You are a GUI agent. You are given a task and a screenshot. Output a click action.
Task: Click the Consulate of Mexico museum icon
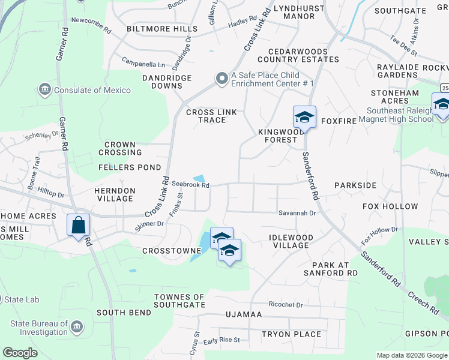tap(45, 90)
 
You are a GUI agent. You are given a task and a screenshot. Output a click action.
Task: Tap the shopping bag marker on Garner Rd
tap(79, 226)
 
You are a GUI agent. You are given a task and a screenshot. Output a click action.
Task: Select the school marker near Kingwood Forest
tap(304, 117)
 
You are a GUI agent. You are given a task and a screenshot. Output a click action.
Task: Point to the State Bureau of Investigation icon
tap(77, 327)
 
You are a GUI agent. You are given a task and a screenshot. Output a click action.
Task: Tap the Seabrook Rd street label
tap(190, 185)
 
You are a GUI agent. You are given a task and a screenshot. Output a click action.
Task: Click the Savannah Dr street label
tap(297, 213)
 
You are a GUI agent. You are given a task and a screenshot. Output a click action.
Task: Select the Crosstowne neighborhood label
tap(166, 251)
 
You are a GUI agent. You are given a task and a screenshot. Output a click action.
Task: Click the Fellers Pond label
tap(130, 167)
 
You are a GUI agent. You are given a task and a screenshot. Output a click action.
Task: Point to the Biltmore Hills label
tap(162, 29)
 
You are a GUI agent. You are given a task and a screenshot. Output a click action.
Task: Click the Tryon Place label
tap(291, 334)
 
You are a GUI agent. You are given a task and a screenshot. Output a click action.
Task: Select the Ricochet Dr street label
tap(286, 305)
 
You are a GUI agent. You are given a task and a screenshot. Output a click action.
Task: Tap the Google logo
tap(20, 353)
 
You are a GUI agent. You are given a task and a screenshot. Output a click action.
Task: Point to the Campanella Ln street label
tap(143, 64)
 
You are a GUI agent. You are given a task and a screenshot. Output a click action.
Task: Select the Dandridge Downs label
tap(167, 82)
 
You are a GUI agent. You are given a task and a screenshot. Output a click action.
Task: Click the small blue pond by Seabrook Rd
tap(199, 179)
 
